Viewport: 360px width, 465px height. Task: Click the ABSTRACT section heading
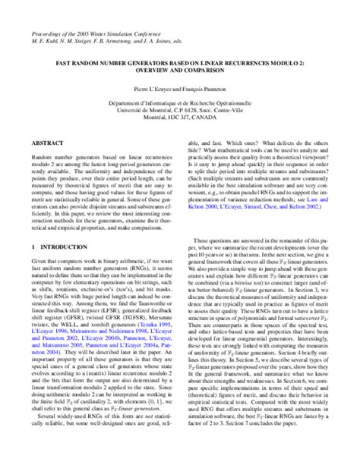click(x=47, y=142)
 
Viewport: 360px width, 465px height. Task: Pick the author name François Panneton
click(x=206, y=89)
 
